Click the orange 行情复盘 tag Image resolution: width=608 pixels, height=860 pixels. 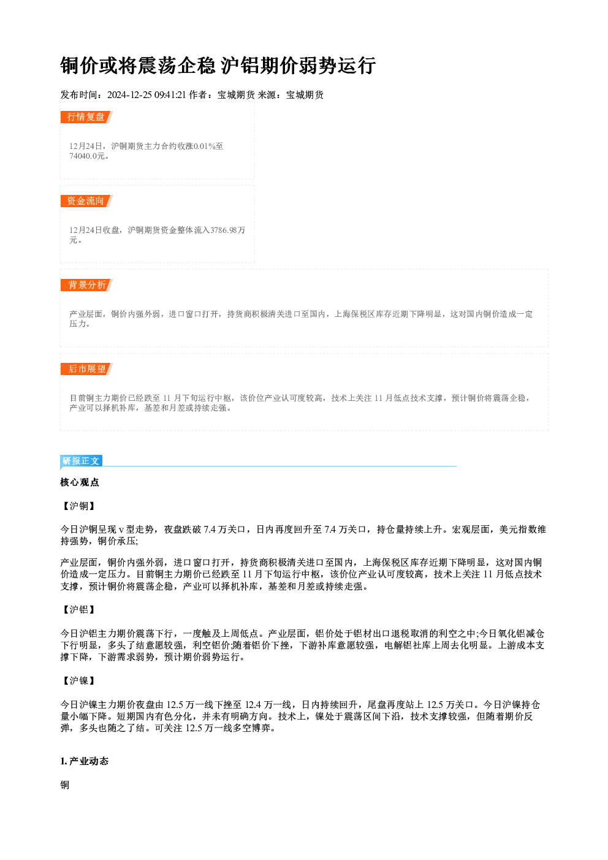86,116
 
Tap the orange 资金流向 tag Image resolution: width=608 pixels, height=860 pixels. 86,201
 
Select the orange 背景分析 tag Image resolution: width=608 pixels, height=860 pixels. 86,285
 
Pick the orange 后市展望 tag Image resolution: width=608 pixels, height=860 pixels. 86,369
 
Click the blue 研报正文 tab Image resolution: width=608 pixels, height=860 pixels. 81,461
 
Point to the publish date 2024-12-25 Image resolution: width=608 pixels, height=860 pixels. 130,95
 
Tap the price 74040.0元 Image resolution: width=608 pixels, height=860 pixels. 87,156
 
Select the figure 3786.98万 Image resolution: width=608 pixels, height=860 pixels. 227,230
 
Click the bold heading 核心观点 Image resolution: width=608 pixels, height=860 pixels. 80,482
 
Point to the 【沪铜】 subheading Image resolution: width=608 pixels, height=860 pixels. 79,506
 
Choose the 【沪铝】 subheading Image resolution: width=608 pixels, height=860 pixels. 79,610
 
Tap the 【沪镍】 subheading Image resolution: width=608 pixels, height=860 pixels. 79,680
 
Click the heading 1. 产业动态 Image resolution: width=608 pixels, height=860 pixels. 85,761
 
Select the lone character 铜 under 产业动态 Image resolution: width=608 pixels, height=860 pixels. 65,785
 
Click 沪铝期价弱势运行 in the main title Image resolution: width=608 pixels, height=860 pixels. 298,65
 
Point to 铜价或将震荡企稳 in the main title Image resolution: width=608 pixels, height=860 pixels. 138,65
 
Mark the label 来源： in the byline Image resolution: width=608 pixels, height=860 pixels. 272,95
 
